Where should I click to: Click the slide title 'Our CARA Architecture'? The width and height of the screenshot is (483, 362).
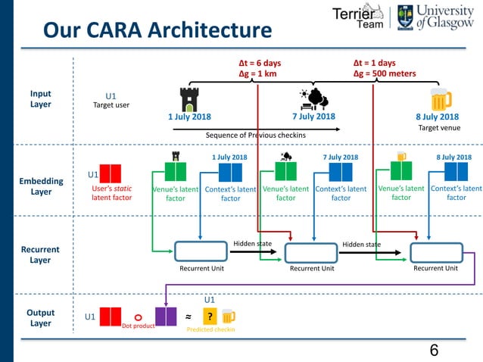pos(157,30)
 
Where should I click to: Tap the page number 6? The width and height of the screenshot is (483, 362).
pos(434,350)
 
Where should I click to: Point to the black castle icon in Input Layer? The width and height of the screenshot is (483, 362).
pos(188,98)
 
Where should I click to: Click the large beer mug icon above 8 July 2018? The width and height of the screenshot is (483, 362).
pos(439,98)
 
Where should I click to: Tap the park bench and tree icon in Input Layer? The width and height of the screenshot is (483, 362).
pos(313,98)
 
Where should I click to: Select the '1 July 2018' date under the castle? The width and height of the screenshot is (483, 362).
pos(189,117)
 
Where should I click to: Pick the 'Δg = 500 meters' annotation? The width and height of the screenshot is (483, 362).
pos(385,74)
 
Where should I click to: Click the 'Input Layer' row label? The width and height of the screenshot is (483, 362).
pos(41,99)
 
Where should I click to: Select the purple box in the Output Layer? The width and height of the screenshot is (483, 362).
pos(165,316)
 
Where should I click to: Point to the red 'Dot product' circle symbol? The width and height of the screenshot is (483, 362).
pos(138,318)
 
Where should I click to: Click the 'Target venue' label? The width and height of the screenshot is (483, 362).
pos(438,128)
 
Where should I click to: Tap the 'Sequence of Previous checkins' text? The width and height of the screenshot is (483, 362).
pos(256,135)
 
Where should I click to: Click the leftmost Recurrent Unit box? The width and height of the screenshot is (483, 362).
pos(201,251)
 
